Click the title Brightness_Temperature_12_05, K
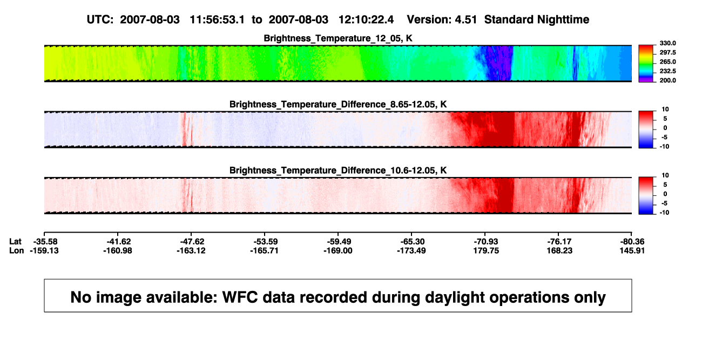click(x=338, y=38)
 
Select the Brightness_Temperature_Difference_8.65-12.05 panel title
click(x=338, y=104)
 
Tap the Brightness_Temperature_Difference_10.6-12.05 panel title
click(x=338, y=171)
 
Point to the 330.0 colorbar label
click(x=667, y=43)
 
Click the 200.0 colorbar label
click(x=667, y=80)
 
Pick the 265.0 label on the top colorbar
click(x=667, y=62)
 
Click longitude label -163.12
click(x=191, y=251)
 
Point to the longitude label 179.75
click(x=486, y=251)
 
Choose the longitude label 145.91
click(x=632, y=251)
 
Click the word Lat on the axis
click(x=15, y=242)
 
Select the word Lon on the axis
click(x=16, y=251)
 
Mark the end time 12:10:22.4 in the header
click(x=366, y=20)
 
